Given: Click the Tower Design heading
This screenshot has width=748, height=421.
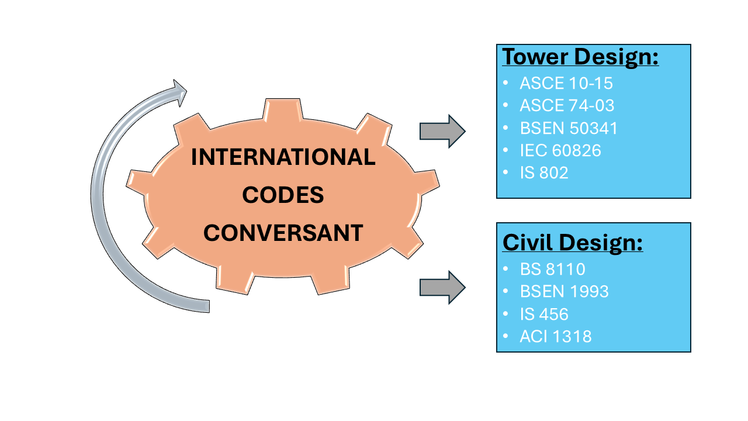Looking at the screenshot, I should click(x=580, y=57).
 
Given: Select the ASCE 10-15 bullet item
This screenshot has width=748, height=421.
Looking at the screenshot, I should click(x=566, y=84).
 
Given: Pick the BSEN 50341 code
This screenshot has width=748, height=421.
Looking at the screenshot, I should click(x=568, y=128).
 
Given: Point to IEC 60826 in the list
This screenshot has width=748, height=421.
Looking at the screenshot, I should click(x=560, y=150).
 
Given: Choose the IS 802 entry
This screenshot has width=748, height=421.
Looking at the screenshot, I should click(x=543, y=172).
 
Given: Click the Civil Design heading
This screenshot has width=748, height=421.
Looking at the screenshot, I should click(x=573, y=242).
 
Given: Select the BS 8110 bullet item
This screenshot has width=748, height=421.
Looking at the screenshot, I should click(x=552, y=269).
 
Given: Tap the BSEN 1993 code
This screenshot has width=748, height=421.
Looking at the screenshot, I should click(x=564, y=291).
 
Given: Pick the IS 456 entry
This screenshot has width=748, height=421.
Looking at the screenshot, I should click(x=543, y=314).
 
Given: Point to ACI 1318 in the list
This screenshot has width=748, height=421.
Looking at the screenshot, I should click(x=555, y=336).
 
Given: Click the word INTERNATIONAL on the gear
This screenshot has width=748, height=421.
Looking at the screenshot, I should click(x=283, y=157).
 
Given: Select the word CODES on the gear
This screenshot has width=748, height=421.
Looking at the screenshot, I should click(x=283, y=195).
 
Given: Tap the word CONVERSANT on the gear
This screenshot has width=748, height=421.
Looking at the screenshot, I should click(x=283, y=233).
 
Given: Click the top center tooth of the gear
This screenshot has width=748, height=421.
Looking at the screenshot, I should click(x=284, y=110).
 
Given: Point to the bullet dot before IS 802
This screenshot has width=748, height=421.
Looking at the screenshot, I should click(x=505, y=173).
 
